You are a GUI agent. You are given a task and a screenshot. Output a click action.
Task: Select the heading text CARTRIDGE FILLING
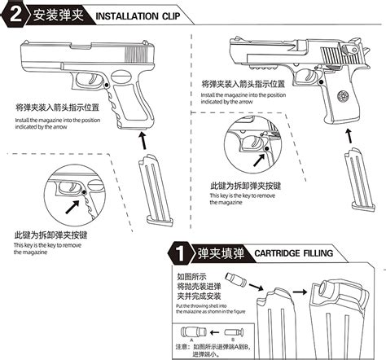[294, 253]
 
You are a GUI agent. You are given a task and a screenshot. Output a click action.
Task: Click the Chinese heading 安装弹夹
[55, 15]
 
